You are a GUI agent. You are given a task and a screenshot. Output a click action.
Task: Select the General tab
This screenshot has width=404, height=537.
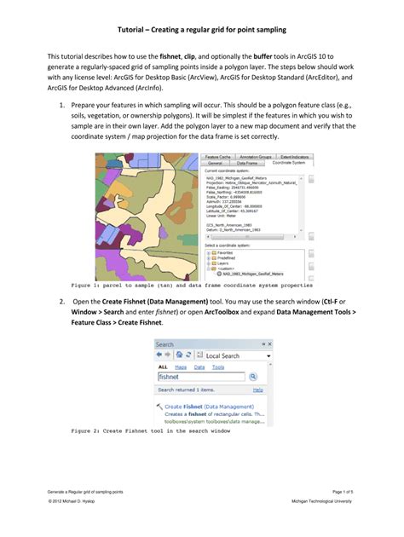pyautogui.click(x=216, y=163)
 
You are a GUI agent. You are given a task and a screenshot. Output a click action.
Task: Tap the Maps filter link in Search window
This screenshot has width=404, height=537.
pyautogui.click(x=181, y=367)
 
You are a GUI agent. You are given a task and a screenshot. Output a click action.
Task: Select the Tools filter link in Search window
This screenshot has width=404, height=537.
pyautogui.click(x=218, y=367)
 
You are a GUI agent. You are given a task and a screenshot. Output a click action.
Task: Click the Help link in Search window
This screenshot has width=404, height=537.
pyautogui.click(x=257, y=390)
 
